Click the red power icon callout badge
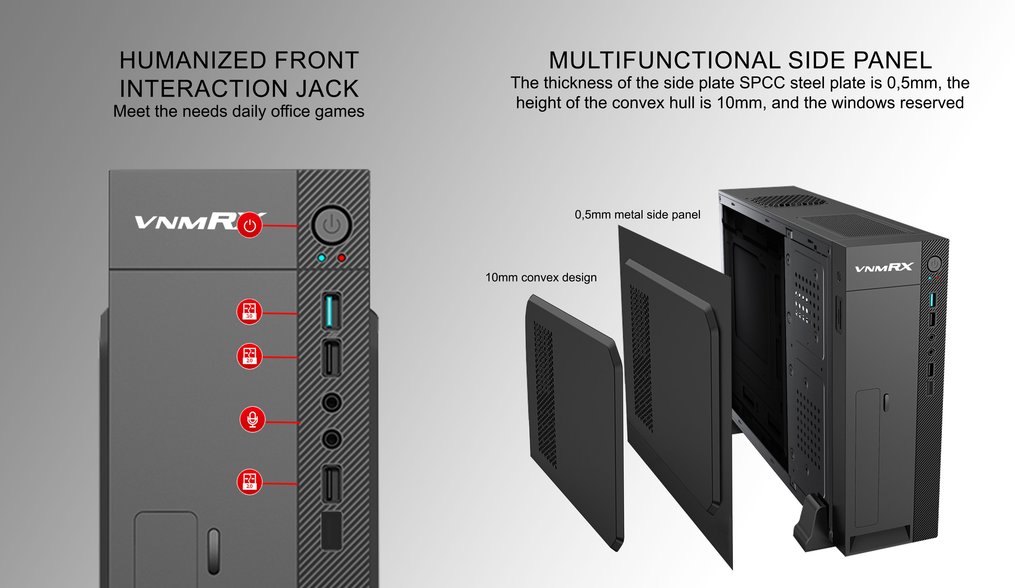click(250, 225)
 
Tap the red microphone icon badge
click(253, 419)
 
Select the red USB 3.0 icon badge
click(249, 312)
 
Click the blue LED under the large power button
click(321, 258)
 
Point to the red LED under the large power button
click(341, 258)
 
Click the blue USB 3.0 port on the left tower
click(329, 311)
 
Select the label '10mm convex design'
click(541, 277)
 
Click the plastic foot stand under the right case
click(812, 524)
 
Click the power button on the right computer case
click(934, 264)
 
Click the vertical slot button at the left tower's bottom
click(214, 551)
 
